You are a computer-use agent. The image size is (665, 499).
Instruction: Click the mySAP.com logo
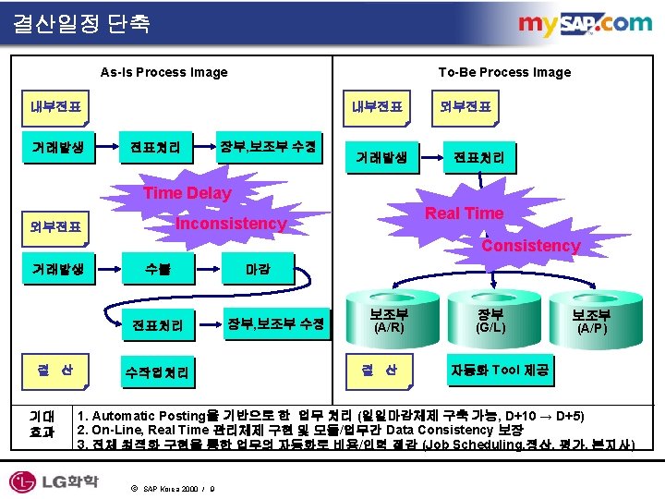(584, 25)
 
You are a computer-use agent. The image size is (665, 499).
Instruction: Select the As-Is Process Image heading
(163, 72)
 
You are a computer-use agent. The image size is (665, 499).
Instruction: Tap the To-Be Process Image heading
(504, 72)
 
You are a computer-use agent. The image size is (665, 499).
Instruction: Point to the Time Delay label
(187, 192)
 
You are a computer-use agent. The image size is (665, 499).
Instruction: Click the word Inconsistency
(231, 224)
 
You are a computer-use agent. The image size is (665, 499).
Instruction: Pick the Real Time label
(464, 213)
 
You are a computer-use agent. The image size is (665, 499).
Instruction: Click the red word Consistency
(530, 246)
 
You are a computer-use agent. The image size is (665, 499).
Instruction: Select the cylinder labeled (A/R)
(388, 319)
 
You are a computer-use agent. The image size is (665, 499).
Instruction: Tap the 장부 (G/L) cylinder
(490, 319)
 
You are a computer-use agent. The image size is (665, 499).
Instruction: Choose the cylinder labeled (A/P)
(592, 320)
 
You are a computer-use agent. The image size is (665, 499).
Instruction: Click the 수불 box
(157, 271)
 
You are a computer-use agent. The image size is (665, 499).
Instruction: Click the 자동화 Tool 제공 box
(499, 371)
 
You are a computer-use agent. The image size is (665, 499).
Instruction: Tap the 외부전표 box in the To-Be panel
(465, 107)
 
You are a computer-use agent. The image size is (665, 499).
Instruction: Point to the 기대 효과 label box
(42, 423)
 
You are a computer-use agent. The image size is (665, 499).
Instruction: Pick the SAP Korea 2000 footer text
(174, 488)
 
